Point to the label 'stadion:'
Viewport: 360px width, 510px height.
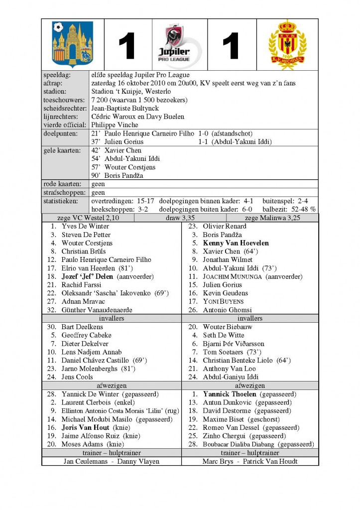click(58, 92)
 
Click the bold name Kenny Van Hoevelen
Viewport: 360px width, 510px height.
click(236, 243)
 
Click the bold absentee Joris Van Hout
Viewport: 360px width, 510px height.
click(86, 427)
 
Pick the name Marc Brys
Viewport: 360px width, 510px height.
click(218, 461)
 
